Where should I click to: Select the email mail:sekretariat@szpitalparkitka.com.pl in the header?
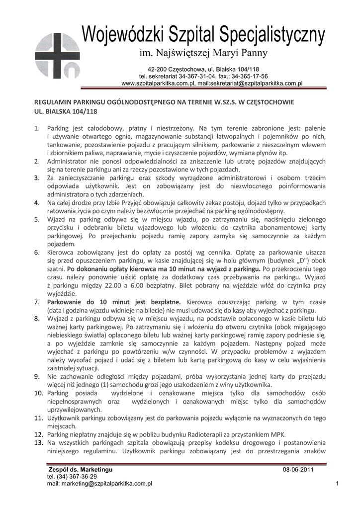pyautogui.click(x=243, y=84)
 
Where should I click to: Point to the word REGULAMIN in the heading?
pyautogui.click(x=54, y=102)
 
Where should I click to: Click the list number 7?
pyautogui.click(x=37, y=302)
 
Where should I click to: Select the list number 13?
pyautogui.click(x=38, y=442)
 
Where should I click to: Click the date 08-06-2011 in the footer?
pyautogui.click(x=298, y=470)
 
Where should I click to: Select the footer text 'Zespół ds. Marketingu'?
pyautogui.click(x=80, y=470)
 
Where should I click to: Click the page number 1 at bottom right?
pyautogui.click(x=337, y=484)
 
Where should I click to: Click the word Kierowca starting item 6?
pyautogui.click(x=63, y=252)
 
